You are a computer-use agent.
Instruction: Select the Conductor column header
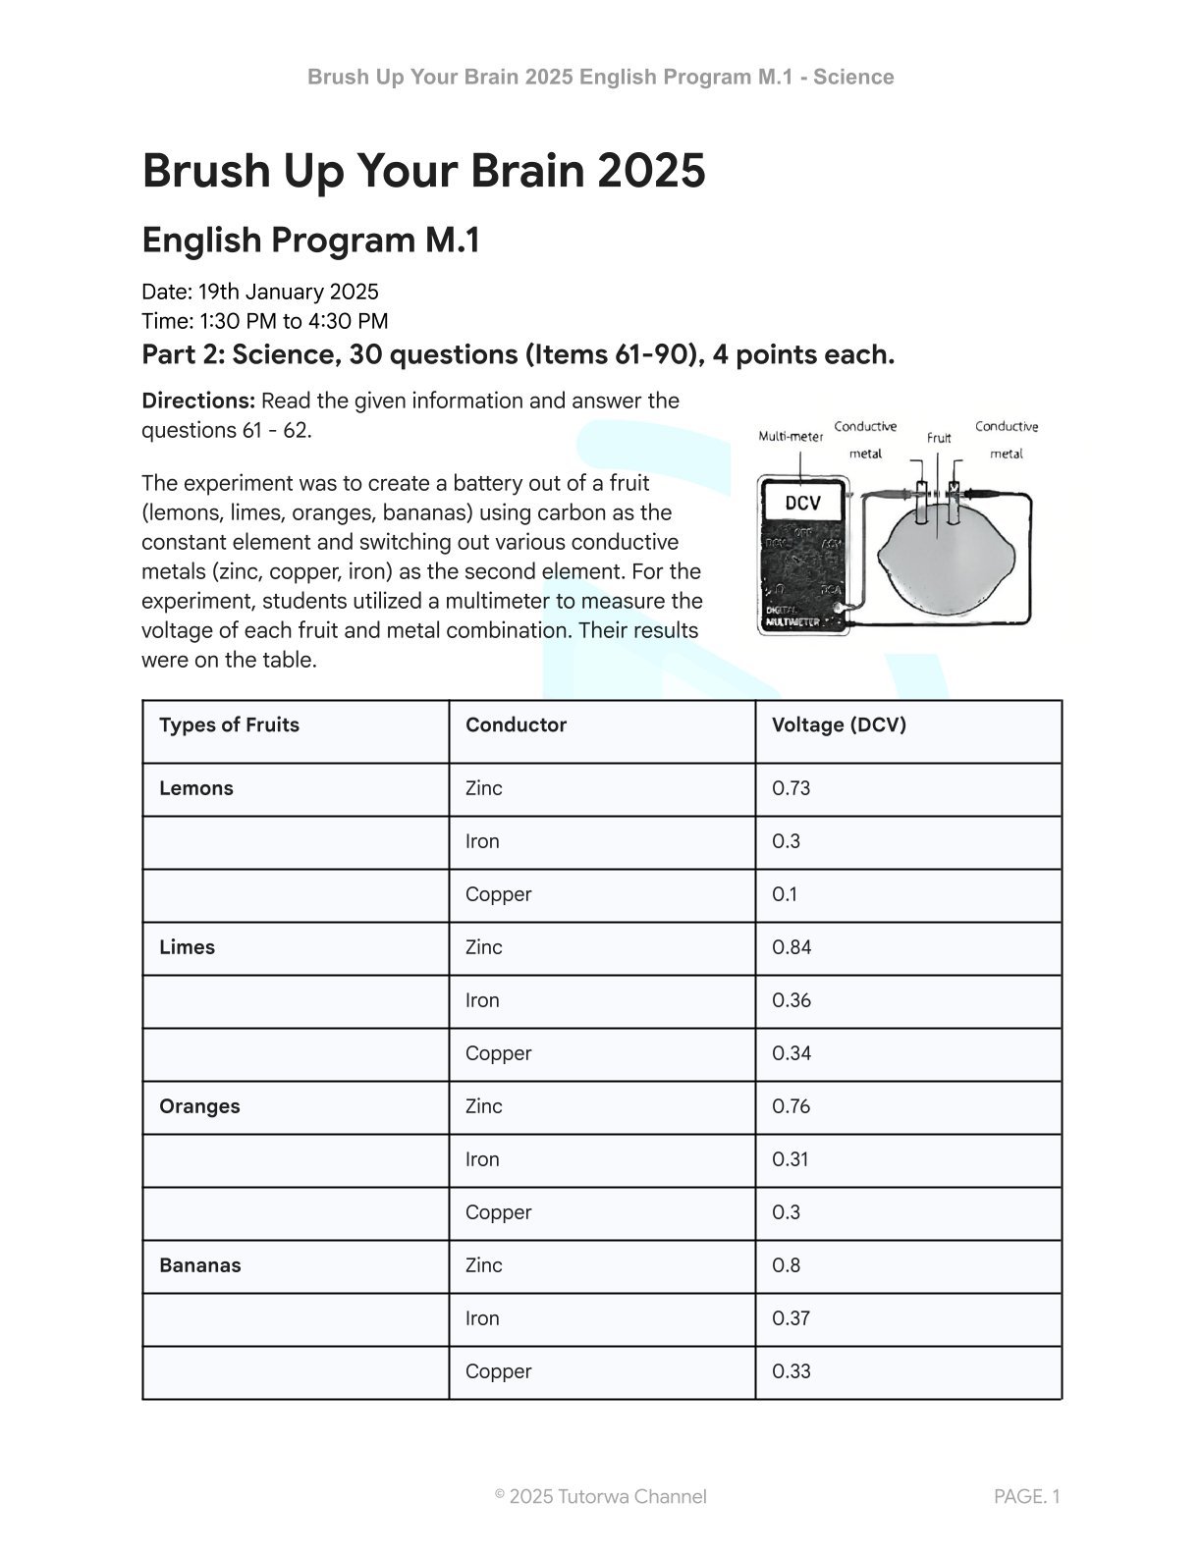pyautogui.click(x=516, y=725)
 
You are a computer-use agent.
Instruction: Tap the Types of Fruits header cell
pyautogui.click(x=229, y=725)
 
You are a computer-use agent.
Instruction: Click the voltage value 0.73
pyautogui.click(x=791, y=788)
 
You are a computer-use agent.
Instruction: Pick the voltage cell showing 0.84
pyautogui.click(x=792, y=947)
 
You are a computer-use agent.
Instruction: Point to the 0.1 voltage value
pyautogui.click(x=785, y=894)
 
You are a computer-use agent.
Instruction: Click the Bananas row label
pyautogui.click(x=199, y=1265)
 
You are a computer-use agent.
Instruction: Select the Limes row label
pyautogui.click(x=187, y=947)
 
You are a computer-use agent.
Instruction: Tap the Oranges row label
pyautogui.click(x=199, y=1106)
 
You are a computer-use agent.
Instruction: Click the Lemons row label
pyautogui.click(x=195, y=788)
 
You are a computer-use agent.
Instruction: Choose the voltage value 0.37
pyautogui.click(x=791, y=1318)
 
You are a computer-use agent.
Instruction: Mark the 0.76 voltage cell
pyautogui.click(x=791, y=1106)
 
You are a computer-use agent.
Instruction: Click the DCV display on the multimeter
pyautogui.click(x=802, y=504)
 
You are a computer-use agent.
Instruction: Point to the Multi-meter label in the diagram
pyautogui.click(x=790, y=437)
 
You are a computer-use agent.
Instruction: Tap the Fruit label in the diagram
pyautogui.click(x=939, y=438)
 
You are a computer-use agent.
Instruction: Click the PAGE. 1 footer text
pyautogui.click(x=1026, y=1497)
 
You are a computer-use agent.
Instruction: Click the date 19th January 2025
pyautogui.click(x=288, y=293)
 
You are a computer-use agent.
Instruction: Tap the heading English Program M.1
pyautogui.click(x=310, y=241)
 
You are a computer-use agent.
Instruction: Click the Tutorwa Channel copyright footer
pyautogui.click(x=600, y=1497)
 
